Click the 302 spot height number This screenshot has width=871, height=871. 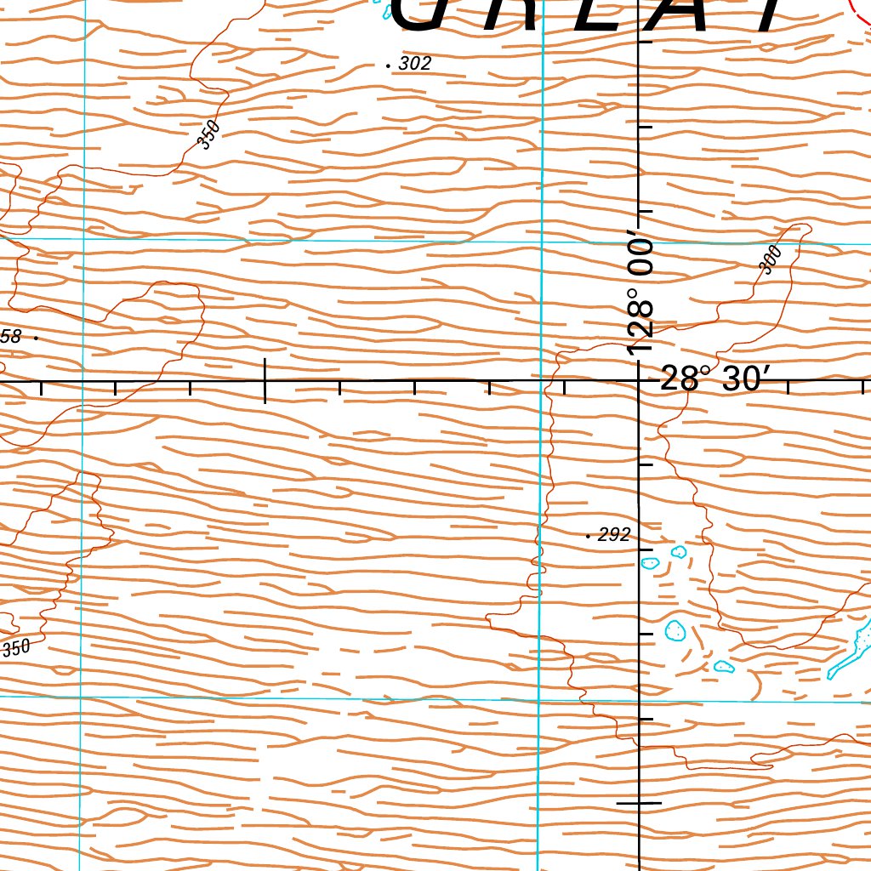(415, 63)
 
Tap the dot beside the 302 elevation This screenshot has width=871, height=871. (388, 65)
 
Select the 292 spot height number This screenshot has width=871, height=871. (614, 534)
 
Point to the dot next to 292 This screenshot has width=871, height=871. (588, 536)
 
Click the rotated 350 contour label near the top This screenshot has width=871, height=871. (208, 134)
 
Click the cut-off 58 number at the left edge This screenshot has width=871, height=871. (10, 337)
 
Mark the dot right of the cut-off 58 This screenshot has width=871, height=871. (36, 338)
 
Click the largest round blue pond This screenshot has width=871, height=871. (675, 630)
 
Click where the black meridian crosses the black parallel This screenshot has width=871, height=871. (640, 380)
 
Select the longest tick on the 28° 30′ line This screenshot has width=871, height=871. (265, 380)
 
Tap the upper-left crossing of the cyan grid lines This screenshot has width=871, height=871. (84, 238)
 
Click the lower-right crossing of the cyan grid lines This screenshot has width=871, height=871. (540, 700)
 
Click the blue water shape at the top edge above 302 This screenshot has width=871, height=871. (389, 11)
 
